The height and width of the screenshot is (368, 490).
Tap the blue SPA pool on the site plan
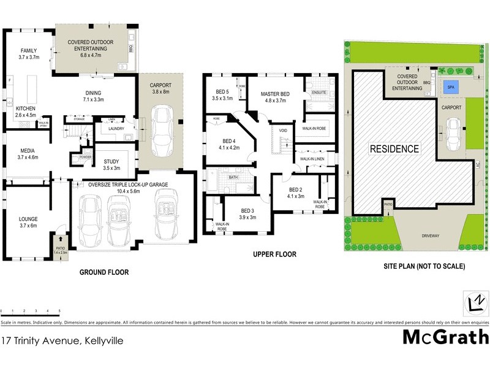451,86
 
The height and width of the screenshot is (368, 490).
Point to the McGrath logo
446,337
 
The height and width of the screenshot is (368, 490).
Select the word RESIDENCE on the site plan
394,148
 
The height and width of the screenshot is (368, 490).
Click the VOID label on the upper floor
283,131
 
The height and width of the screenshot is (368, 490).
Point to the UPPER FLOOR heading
275,254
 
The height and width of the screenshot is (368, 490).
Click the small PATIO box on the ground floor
59,245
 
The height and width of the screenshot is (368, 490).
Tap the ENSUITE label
320,93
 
